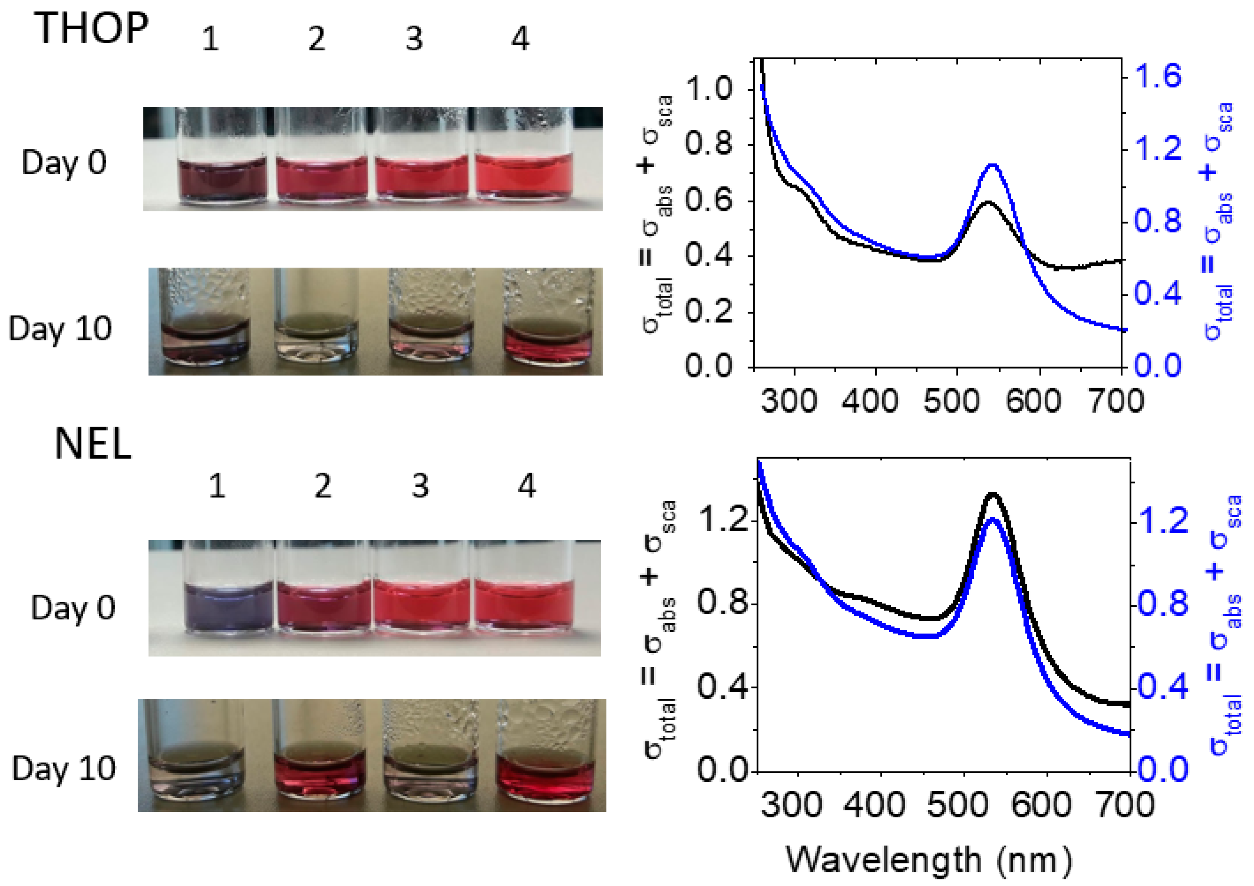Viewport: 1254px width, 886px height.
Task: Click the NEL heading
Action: click(x=93, y=443)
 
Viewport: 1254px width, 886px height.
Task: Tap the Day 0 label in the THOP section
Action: click(x=64, y=162)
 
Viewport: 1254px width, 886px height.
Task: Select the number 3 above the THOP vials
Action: click(x=414, y=39)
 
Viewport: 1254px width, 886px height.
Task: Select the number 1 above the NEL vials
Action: click(x=217, y=486)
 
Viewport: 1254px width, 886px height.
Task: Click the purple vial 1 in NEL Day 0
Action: click(x=228, y=606)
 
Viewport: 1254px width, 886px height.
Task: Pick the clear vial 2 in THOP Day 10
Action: click(x=316, y=338)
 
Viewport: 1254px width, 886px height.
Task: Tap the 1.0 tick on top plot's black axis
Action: click(x=708, y=89)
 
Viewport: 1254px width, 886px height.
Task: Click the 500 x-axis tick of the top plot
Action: click(x=951, y=400)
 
